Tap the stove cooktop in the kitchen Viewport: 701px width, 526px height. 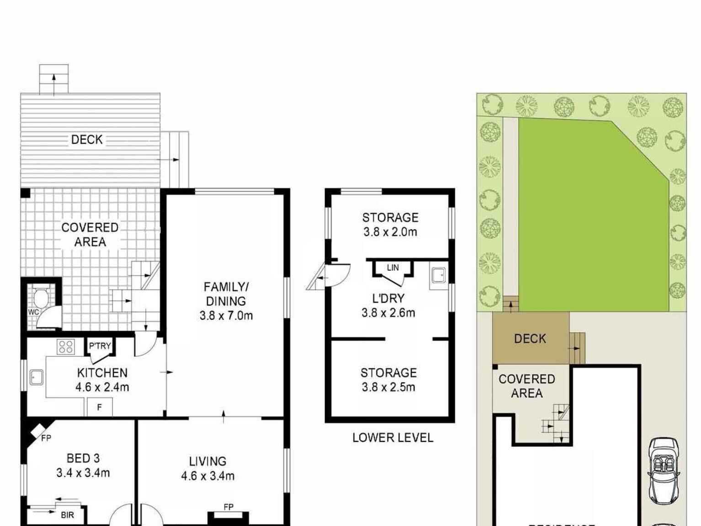pyautogui.click(x=66, y=346)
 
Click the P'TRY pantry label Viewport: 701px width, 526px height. pyautogui.click(x=100, y=346)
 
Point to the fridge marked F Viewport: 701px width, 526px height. pyautogui.click(x=99, y=407)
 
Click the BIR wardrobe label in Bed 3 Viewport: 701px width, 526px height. pyautogui.click(x=67, y=515)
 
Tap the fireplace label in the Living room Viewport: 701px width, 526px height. pyautogui.click(x=228, y=507)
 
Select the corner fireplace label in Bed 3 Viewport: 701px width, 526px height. pyautogui.click(x=46, y=438)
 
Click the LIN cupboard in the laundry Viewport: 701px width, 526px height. pyautogui.click(x=393, y=268)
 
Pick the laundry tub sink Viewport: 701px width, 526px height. pyautogui.click(x=439, y=275)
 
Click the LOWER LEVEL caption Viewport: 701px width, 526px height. pyautogui.click(x=393, y=438)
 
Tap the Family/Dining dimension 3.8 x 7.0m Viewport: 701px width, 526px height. pyautogui.click(x=226, y=316)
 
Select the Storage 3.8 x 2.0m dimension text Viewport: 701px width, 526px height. pyautogui.click(x=390, y=232)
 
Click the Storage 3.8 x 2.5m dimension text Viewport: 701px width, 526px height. pyautogui.click(x=388, y=387)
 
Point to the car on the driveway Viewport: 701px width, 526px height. pyautogui.click(x=664, y=471)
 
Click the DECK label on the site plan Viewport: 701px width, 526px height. pyautogui.click(x=530, y=338)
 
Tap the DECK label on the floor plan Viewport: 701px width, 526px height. pyautogui.click(x=87, y=140)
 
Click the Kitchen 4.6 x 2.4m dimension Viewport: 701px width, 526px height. pyautogui.click(x=102, y=387)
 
